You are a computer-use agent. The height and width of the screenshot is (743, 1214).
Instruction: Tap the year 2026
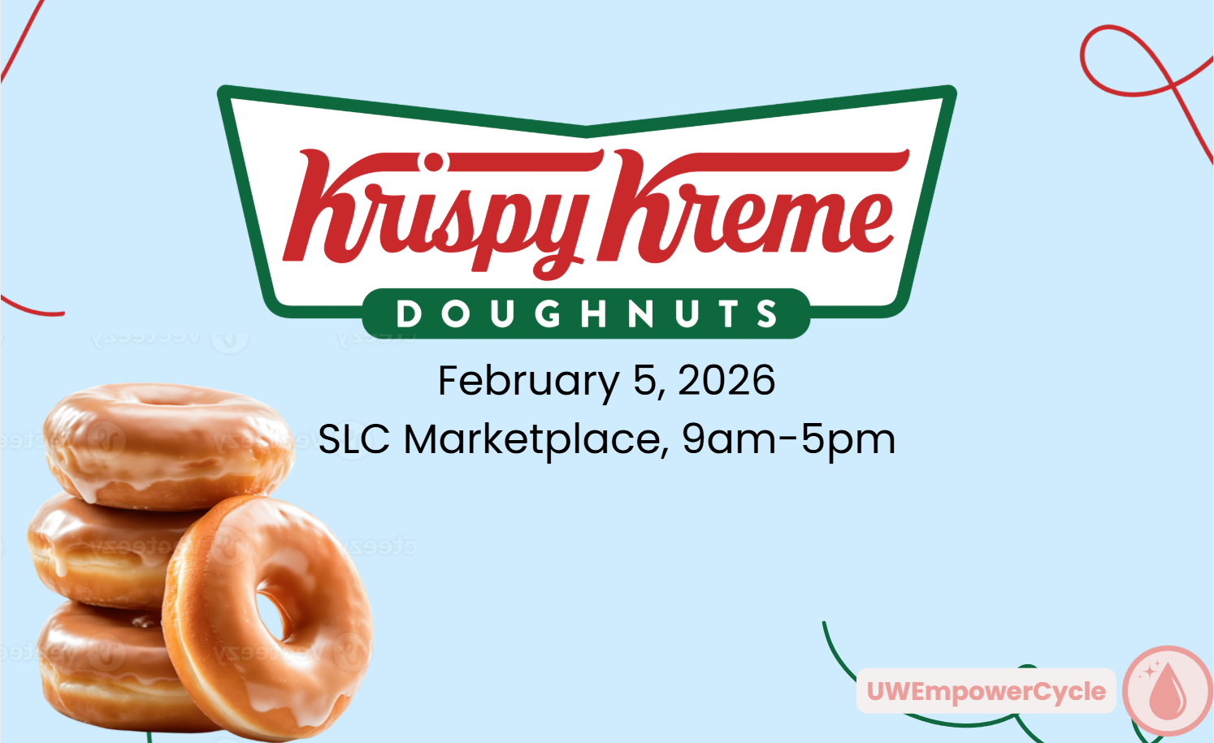click(x=726, y=380)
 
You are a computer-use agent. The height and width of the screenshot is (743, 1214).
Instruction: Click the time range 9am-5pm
click(x=788, y=439)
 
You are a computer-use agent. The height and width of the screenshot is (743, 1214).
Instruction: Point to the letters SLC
click(x=353, y=439)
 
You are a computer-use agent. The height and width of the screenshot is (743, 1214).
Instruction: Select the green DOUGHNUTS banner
click(x=586, y=313)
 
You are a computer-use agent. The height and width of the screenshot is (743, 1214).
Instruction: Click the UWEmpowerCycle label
click(x=986, y=691)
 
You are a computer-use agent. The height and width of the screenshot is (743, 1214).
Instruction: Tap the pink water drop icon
click(x=1168, y=691)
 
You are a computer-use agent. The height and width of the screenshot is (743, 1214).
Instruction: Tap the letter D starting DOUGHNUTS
click(x=408, y=314)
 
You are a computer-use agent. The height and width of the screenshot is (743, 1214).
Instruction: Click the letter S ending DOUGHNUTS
click(x=766, y=314)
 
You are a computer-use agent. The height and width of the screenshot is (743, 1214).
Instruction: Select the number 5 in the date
click(x=644, y=380)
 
